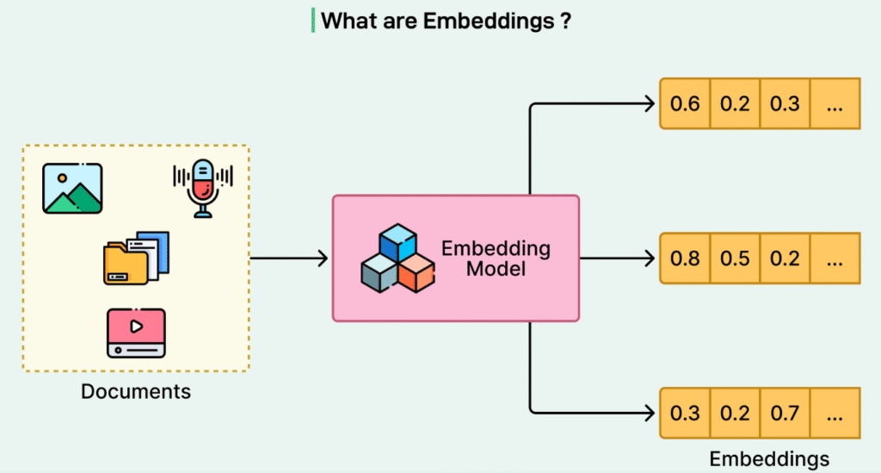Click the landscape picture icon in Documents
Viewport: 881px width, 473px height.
click(x=72, y=188)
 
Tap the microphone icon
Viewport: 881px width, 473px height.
click(x=203, y=186)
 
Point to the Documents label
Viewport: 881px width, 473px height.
click(x=136, y=391)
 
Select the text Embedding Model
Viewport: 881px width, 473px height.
click(x=496, y=258)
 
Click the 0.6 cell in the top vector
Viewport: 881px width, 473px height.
click(x=685, y=104)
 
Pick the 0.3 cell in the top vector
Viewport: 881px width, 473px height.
click(x=785, y=104)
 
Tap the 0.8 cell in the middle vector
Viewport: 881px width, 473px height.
click(x=685, y=258)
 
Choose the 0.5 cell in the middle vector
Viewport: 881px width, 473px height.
click(x=735, y=258)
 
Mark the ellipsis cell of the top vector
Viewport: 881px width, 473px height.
click(x=834, y=104)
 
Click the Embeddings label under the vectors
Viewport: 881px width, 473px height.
click(x=769, y=458)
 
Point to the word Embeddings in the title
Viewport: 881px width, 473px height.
click(x=486, y=22)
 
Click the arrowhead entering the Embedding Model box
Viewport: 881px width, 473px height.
click(x=323, y=258)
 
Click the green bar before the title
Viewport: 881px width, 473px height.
click(x=312, y=21)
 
